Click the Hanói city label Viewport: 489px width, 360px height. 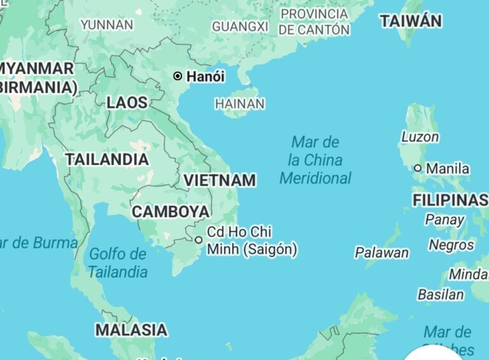(x=205, y=76)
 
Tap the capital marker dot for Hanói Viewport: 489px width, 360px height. (x=178, y=76)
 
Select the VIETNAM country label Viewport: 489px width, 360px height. (x=220, y=180)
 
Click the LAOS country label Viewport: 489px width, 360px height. (x=127, y=103)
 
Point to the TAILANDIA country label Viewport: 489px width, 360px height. (x=107, y=159)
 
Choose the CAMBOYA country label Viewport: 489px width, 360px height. (x=171, y=212)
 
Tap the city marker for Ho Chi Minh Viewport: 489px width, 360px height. (x=199, y=240)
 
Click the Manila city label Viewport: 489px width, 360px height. (x=448, y=169)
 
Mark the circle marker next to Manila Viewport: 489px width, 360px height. (x=418, y=168)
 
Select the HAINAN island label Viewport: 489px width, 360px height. (x=240, y=103)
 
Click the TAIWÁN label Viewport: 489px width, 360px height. (x=411, y=21)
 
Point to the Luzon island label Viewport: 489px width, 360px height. (x=420, y=136)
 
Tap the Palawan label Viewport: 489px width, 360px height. (x=382, y=253)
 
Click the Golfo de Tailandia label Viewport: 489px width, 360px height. (x=118, y=263)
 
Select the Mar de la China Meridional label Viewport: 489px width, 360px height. (x=315, y=160)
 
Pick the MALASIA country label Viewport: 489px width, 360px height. (x=131, y=330)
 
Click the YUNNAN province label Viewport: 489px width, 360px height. (x=107, y=25)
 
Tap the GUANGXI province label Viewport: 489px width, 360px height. (x=240, y=27)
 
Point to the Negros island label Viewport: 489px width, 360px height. (x=451, y=245)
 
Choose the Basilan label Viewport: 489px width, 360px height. (x=441, y=294)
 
